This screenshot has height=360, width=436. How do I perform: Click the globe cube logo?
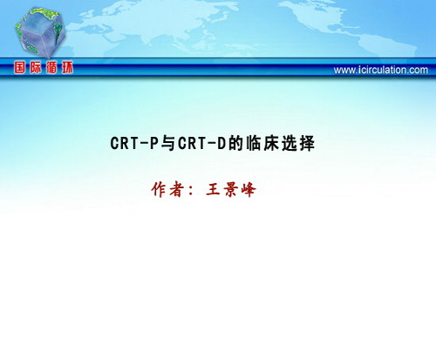tap(40, 32)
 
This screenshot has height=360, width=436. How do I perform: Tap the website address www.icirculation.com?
tap(381, 70)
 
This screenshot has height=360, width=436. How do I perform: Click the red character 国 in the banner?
tap(19, 68)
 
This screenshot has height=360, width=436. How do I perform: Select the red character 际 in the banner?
tap(35, 68)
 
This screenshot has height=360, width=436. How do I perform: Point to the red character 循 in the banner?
tap(51, 68)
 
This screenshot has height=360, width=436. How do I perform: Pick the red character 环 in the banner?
tap(67, 68)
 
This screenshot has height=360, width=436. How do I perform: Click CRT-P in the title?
tap(134, 143)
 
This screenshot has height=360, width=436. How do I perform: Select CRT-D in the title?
tap(201, 143)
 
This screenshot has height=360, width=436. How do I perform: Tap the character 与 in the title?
tap(167, 143)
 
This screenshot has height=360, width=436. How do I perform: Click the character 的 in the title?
tap(235, 143)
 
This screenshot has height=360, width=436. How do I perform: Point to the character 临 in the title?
tap(254, 143)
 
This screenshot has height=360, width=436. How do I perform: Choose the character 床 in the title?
tap(271, 143)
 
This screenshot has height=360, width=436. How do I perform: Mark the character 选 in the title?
tap(289, 143)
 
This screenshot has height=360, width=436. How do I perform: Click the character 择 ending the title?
tap(307, 143)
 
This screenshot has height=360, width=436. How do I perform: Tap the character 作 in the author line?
tap(159, 190)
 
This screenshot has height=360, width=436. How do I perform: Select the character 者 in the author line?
tap(176, 190)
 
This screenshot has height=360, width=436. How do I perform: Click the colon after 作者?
tap(191, 191)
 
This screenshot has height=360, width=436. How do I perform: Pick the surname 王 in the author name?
tap(213, 190)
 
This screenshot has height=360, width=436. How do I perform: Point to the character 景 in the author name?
tap(230, 190)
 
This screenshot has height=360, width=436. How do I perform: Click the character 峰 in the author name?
tap(249, 190)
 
